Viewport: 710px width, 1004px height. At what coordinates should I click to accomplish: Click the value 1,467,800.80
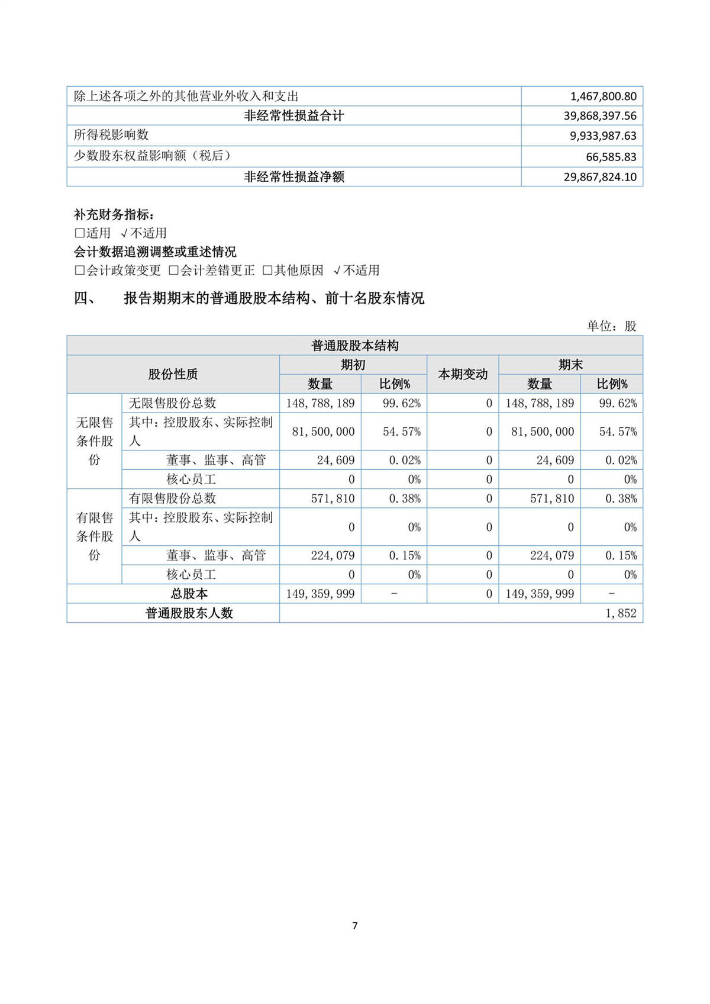(603, 96)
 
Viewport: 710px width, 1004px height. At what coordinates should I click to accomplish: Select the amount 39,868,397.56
(599, 116)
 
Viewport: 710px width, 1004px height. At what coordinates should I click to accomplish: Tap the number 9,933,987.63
(603, 136)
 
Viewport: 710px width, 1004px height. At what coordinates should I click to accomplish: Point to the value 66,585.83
(611, 157)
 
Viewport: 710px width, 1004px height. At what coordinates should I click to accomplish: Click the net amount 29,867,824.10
(599, 177)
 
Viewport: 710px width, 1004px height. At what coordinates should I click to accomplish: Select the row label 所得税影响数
(111, 135)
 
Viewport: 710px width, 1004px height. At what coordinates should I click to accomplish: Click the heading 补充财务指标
(114, 214)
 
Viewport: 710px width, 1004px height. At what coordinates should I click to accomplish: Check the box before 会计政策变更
(80, 271)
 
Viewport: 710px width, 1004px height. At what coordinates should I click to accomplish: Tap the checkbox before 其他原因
(267, 271)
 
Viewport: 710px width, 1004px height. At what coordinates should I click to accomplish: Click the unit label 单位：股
(611, 326)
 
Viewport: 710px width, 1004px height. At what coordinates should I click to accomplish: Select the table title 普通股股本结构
(354, 346)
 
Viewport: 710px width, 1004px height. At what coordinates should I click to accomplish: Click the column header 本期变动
(463, 374)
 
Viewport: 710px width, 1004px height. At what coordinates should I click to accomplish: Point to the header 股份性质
(173, 374)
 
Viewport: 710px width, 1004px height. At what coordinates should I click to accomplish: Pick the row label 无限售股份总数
(173, 403)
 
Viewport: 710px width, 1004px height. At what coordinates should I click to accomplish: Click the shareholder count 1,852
(621, 613)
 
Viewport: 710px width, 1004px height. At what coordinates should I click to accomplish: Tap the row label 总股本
(189, 594)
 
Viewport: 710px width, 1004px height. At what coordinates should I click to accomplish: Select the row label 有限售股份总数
(173, 498)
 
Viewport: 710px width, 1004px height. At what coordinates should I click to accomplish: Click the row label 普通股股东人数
(189, 613)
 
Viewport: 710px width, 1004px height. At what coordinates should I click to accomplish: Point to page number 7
(354, 925)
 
